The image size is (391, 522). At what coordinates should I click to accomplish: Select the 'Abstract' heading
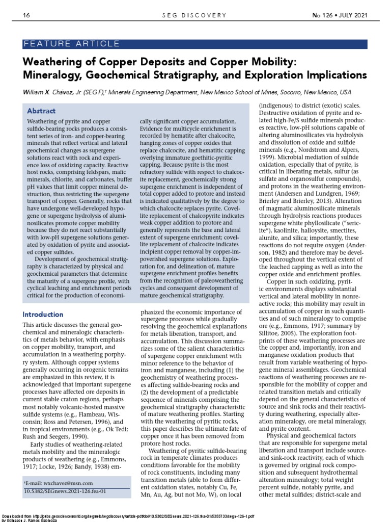(41, 111)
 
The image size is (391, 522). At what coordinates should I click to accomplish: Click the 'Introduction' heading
(43, 314)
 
